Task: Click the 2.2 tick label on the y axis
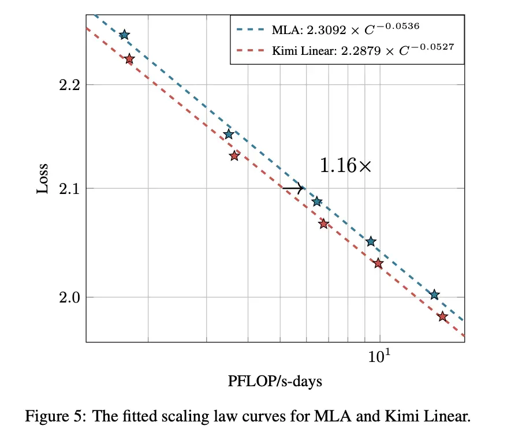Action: (x=69, y=85)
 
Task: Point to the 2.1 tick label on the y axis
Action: (x=69, y=189)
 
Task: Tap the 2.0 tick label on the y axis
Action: (x=69, y=297)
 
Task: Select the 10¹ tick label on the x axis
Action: (x=379, y=356)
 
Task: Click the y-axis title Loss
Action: (x=42, y=178)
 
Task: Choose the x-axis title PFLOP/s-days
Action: (x=275, y=381)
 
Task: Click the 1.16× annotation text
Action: (x=345, y=166)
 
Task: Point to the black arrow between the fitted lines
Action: (x=293, y=188)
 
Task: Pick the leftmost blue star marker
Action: (x=124, y=35)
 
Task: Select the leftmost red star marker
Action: (x=129, y=59)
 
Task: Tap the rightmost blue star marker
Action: (x=434, y=294)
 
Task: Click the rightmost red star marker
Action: (x=442, y=316)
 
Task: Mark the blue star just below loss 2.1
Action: (x=317, y=201)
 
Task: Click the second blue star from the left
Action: (x=229, y=135)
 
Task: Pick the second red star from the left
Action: (x=234, y=156)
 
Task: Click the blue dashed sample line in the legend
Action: (x=251, y=29)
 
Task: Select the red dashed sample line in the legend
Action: (x=251, y=51)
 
